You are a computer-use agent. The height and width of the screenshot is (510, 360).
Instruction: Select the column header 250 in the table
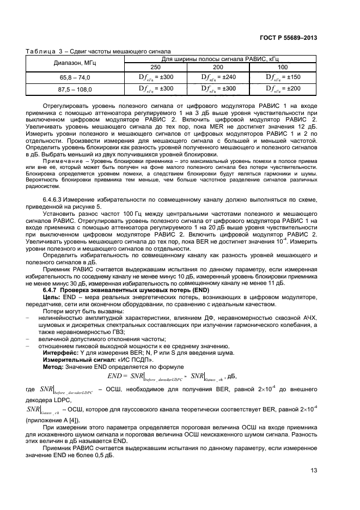click(156, 66)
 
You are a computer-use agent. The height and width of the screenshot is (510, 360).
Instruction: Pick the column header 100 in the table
click(283, 66)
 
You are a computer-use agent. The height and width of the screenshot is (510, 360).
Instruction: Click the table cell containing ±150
click(283, 77)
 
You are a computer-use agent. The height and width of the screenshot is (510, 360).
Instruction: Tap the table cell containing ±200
click(283, 88)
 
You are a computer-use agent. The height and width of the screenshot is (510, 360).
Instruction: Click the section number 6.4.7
click(51, 289)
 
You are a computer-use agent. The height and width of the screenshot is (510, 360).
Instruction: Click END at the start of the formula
click(115, 376)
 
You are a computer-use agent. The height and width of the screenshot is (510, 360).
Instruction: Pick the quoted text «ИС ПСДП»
click(135, 360)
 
